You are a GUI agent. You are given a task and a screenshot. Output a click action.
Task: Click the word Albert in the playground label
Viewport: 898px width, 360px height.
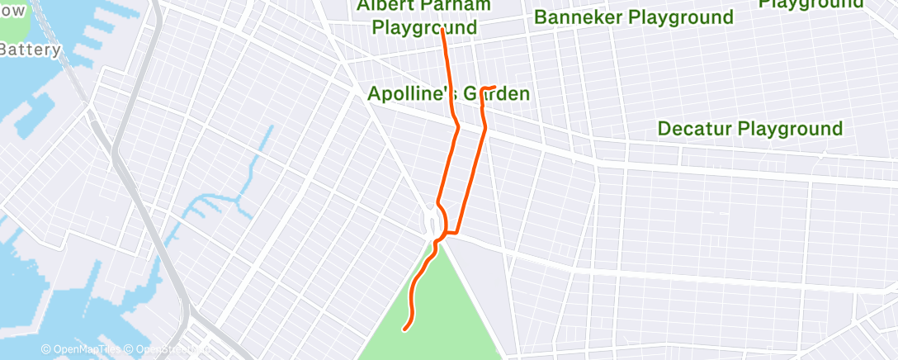(385, 6)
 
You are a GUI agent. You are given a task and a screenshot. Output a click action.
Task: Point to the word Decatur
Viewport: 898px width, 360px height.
(694, 129)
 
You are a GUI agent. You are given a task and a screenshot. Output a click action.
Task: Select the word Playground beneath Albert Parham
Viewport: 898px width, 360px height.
(424, 27)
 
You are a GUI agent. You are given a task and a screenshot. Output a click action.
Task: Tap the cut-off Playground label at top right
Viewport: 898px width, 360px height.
(811, 4)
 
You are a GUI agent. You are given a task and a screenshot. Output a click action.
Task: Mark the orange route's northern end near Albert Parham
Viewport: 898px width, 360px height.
(443, 31)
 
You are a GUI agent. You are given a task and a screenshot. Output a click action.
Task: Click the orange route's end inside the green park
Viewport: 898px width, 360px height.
(404, 330)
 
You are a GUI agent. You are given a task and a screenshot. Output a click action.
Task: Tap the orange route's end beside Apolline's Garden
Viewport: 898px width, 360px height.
(494, 87)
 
